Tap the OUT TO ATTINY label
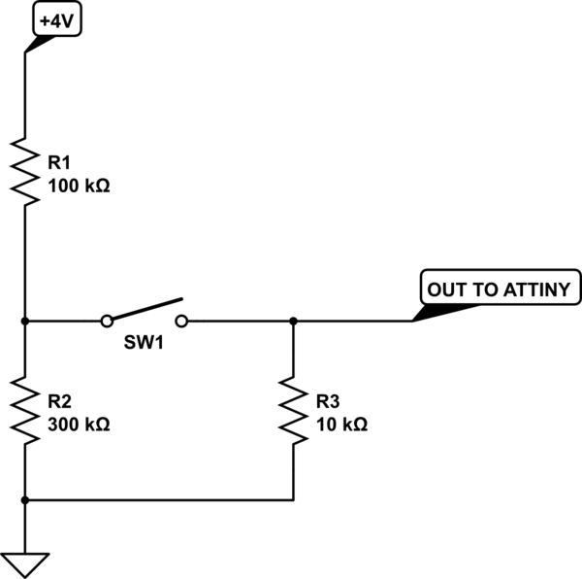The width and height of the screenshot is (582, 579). [x=500, y=289]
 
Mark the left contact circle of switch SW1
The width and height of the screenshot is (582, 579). [x=107, y=320]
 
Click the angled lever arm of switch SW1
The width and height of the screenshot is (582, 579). [x=145, y=309]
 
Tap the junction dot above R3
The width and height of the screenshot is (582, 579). [x=293, y=320]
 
